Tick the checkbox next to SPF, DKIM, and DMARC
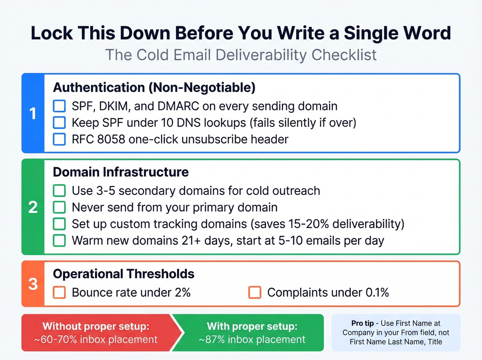59,106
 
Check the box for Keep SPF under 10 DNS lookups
59,123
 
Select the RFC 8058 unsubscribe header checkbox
59,139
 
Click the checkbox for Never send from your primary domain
59,207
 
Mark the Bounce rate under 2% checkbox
59,292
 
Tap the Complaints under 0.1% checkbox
255,292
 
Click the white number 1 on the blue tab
33,114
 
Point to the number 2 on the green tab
33,207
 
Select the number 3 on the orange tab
33,284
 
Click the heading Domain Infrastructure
121,172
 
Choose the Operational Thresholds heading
124,274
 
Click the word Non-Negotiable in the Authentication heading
202,88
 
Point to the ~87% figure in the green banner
211,340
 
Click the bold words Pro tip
362,323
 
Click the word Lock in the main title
52,33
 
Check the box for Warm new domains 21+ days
59,240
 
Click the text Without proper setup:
96,326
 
